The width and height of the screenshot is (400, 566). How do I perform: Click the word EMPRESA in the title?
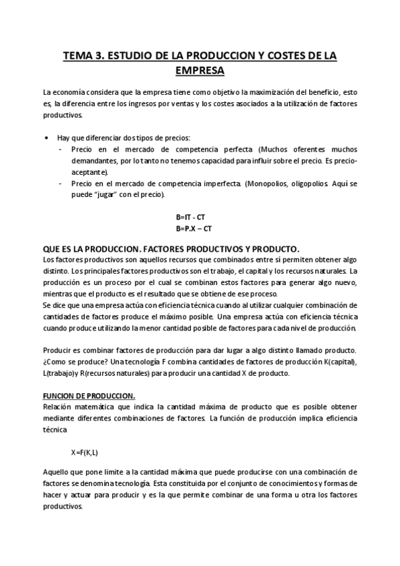(200, 69)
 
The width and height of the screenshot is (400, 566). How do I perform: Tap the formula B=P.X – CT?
(194, 228)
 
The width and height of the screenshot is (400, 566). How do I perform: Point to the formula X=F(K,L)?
(85, 452)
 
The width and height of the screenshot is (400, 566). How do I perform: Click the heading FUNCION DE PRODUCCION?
(89, 395)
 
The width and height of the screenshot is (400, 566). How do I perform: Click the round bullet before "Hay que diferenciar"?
(45, 137)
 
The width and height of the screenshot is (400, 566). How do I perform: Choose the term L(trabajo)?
(61, 374)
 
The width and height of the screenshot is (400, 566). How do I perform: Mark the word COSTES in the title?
(277, 56)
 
